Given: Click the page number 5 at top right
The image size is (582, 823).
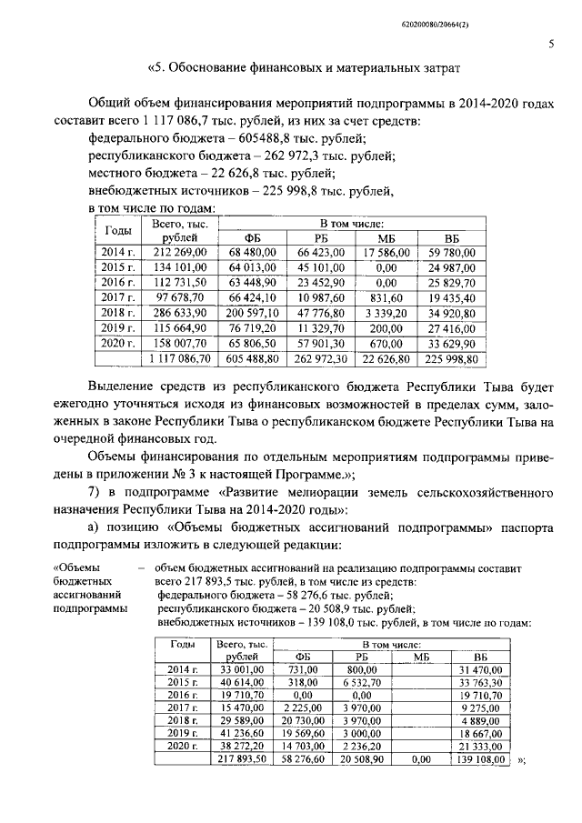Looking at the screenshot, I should (551, 43).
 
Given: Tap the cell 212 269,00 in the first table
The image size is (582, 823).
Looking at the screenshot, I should (181, 251).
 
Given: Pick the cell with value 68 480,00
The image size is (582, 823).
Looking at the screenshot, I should (257, 251).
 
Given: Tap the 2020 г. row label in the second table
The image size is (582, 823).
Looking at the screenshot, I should (183, 744).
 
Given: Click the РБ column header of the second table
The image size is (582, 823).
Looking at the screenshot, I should (362, 657).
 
